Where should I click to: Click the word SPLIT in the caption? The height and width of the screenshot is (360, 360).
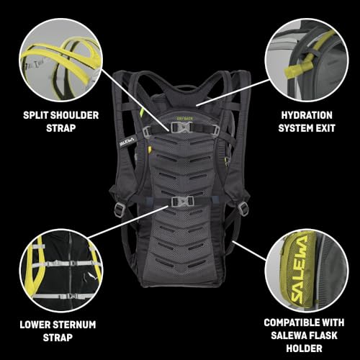35,115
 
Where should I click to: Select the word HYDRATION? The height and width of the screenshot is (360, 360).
307,115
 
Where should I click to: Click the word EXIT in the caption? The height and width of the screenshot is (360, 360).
325,128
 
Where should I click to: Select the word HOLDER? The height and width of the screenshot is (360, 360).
304,348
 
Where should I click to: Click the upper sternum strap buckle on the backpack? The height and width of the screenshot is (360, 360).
181,127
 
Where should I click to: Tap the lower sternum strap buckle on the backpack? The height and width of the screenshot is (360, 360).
182,202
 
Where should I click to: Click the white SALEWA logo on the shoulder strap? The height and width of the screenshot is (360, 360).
127,142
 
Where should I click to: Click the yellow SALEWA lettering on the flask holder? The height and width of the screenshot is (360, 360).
300,269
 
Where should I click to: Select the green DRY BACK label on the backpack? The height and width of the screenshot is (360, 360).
184,119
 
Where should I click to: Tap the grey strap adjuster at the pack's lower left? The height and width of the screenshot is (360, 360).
119,209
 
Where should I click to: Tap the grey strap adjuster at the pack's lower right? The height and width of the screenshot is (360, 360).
243,208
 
